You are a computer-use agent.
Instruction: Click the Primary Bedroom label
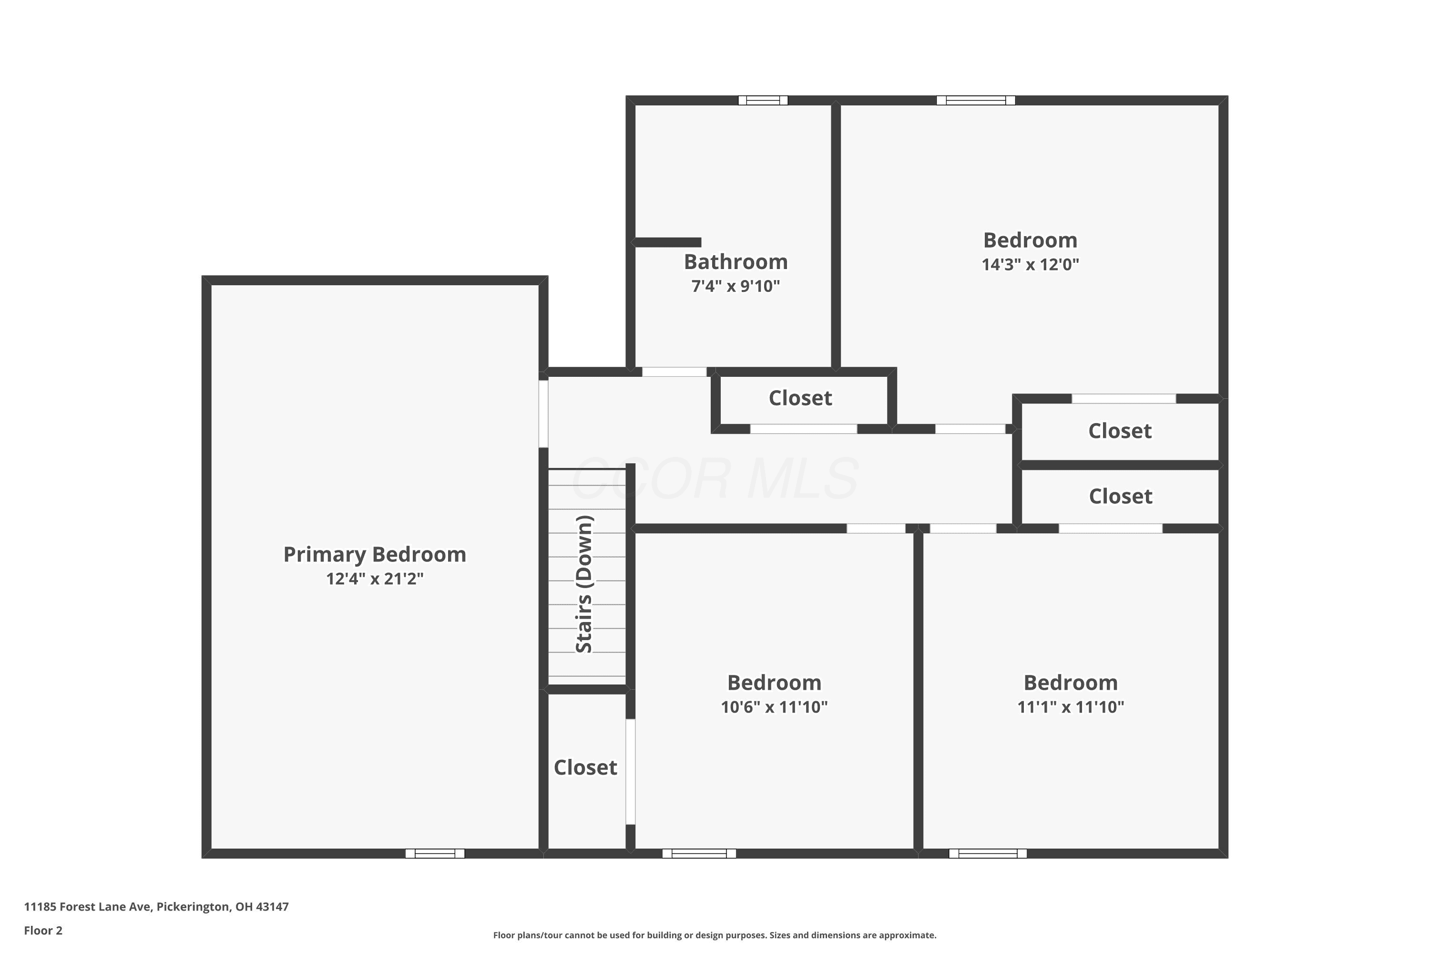(375, 554)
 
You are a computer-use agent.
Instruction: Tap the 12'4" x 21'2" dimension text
(375, 579)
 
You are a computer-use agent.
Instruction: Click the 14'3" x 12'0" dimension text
(1030, 265)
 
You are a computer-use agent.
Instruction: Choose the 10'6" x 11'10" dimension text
(774, 707)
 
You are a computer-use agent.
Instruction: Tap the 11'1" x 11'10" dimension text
(1071, 707)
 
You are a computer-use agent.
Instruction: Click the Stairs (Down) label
(584, 584)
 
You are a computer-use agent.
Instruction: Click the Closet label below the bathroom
(800, 398)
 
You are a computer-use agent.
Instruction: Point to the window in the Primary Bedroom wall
(435, 853)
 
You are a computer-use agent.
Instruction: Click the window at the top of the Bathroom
(763, 100)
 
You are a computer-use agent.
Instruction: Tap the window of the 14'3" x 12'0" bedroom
(976, 100)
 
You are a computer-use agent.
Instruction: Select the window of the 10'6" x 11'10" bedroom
(699, 853)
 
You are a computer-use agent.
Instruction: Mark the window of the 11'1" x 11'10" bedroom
(988, 853)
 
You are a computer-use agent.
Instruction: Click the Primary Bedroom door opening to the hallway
(543, 414)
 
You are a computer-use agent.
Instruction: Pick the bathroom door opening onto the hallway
(674, 372)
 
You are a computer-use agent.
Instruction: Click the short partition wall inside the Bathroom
(666, 243)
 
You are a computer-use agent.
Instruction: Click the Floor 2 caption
(43, 930)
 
